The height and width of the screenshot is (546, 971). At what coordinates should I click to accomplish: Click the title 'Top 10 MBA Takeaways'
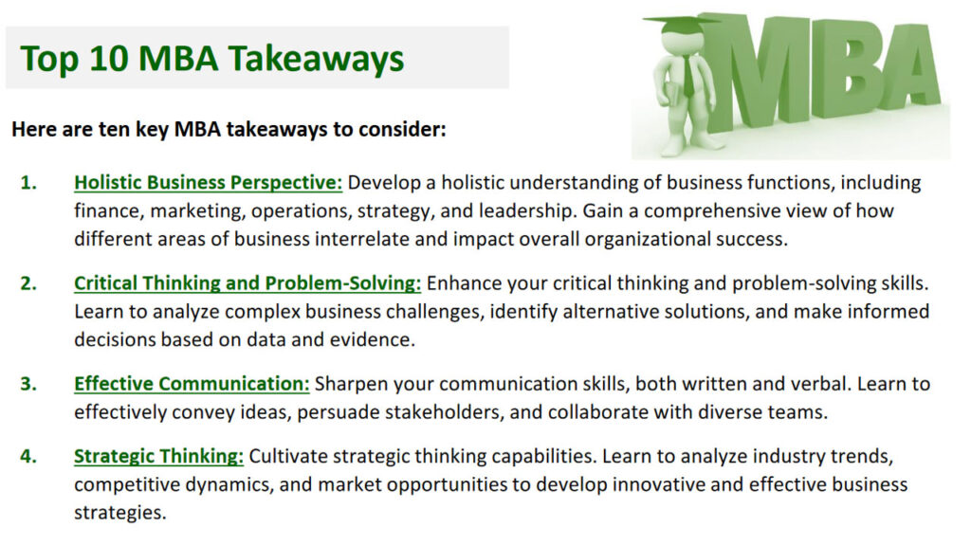click(x=212, y=59)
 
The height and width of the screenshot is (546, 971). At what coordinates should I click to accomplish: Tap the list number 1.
click(x=28, y=183)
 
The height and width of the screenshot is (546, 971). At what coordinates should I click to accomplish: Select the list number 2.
click(x=28, y=283)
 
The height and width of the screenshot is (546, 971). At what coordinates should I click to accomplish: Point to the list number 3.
click(x=28, y=384)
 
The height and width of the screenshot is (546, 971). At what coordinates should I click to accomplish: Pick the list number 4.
click(x=28, y=457)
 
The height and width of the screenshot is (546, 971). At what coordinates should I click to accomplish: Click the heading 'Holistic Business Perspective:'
click(x=208, y=183)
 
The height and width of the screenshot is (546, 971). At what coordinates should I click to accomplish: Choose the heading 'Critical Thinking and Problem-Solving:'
click(x=247, y=283)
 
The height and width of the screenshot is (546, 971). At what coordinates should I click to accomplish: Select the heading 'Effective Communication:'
click(x=192, y=384)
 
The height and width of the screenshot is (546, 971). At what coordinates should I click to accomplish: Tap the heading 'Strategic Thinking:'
click(x=158, y=457)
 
